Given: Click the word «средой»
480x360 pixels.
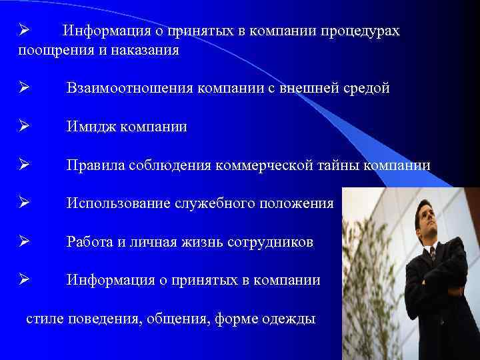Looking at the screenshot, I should [x=364, y=89].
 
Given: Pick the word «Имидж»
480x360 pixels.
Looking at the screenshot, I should [x=91, y=127].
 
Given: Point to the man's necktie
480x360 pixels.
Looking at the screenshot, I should [x=432, y=253].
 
